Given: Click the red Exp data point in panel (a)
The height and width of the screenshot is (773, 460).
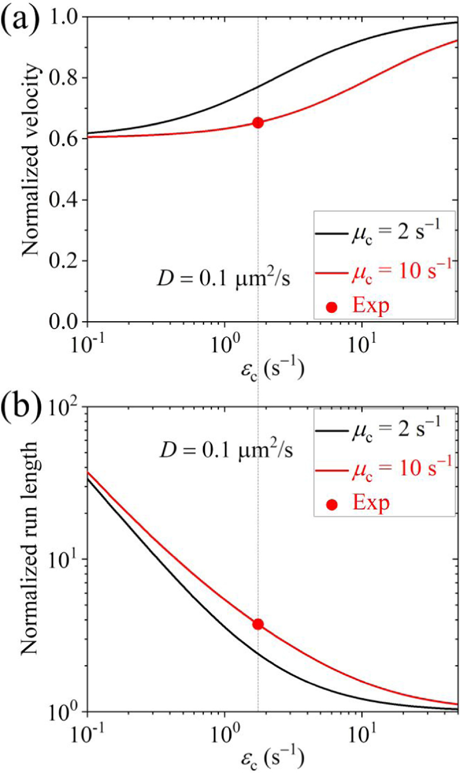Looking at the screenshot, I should pos(258,122).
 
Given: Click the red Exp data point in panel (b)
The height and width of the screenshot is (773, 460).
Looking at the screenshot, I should pos(258,624).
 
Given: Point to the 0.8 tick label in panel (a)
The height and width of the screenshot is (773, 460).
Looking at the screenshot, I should pos(67,78).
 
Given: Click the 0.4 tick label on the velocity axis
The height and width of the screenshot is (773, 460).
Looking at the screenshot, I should pos(67,200).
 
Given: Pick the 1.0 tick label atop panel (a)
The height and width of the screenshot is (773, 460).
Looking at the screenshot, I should pos(67,17).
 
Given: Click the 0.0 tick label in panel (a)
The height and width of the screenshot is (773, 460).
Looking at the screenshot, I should pos(67,322).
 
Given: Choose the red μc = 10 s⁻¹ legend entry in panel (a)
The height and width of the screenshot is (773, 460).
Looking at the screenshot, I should pos(383,271).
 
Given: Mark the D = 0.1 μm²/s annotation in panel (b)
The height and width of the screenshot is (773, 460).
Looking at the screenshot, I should pos(226,450).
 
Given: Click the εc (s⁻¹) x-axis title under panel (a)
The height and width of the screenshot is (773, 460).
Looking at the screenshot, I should pos(272,370).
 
